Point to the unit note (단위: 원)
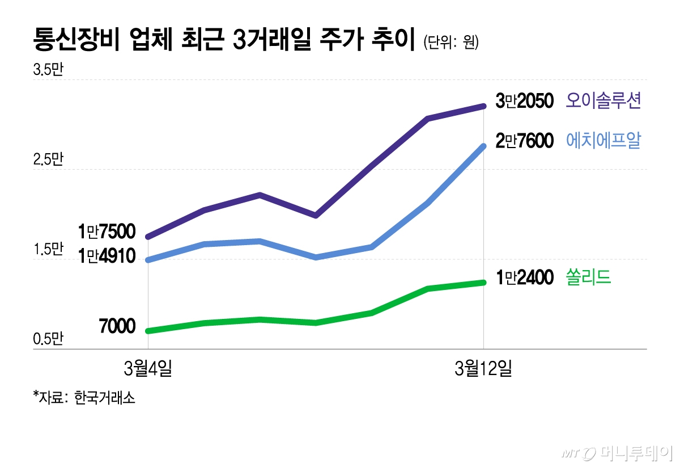(451, 43)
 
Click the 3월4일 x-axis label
(148, 369)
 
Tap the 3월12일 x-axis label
(483, 369)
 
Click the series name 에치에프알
(603, 140)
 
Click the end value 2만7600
(524, 141)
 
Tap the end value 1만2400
(524, 278)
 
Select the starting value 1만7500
(107, 232)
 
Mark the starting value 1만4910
(107, 256)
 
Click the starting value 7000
(117, 327)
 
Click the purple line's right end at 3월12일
(483, 106)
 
